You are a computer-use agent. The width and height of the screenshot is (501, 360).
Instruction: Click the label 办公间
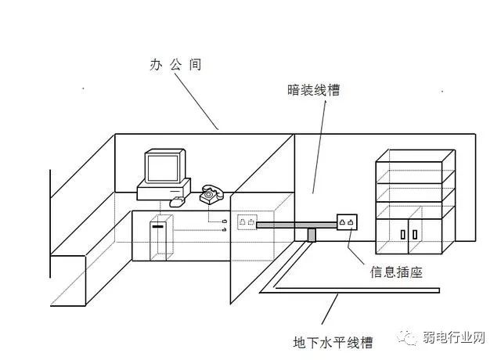175,65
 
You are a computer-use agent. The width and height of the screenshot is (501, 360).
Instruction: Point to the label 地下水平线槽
333,342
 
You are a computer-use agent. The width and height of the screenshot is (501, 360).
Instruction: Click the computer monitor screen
163,166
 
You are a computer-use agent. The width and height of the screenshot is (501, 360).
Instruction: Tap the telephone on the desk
211,193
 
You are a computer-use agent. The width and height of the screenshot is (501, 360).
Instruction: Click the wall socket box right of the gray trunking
348,222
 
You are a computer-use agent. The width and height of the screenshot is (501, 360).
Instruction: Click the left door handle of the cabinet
402,233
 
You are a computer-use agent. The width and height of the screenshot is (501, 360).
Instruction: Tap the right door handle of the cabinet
413,233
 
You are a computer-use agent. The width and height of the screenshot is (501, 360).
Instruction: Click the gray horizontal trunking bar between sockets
297,225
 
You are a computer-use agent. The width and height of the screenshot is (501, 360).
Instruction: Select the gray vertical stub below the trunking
312,235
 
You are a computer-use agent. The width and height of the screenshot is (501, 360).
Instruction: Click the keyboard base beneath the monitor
164,189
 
